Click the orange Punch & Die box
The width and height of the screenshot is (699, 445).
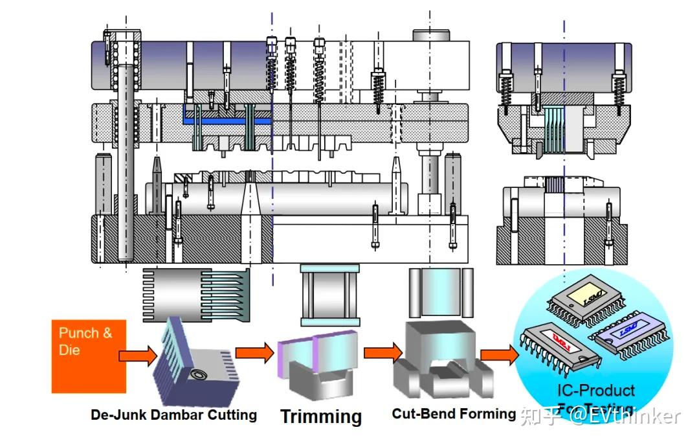point(89,356)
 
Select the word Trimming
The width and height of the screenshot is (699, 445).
point(320,416)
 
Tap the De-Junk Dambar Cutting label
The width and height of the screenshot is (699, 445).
point(173,415)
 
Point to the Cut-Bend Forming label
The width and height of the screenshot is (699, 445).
point(454,413)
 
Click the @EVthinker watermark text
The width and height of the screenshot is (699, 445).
point(625,415)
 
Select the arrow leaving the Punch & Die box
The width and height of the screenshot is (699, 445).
point(138,355)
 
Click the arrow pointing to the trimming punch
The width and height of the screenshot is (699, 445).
point(254,353)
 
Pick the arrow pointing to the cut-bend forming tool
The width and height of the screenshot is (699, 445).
point(383,353)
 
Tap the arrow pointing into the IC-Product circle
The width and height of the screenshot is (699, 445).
point(500,354)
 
